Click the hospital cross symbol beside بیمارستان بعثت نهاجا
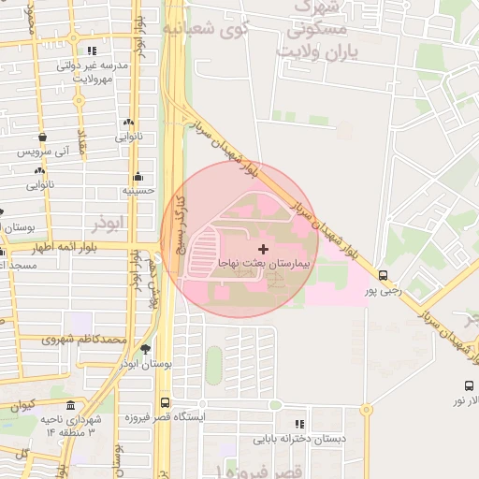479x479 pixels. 262,249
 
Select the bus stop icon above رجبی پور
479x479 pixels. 383,275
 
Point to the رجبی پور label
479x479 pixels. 383,291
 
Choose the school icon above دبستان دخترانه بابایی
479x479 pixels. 299,424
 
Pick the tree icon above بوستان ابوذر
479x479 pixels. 145,348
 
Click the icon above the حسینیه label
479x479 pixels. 138,176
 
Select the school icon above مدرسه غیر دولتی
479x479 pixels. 92,51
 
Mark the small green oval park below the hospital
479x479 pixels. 214,364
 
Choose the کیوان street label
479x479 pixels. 21,407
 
